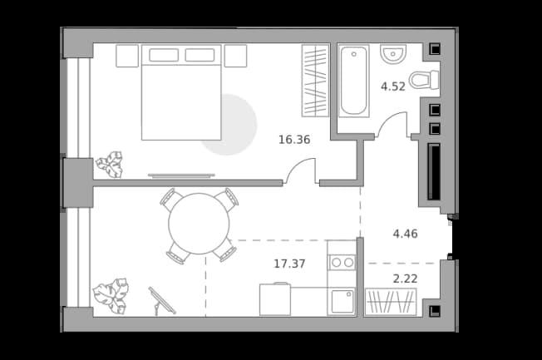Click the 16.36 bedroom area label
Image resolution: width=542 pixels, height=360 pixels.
[x=294, y=140]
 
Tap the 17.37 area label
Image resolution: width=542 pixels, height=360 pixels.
[x=289, y=264]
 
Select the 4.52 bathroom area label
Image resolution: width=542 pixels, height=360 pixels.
[x=393, y=86]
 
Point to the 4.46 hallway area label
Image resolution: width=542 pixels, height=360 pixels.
[x=405, y=234]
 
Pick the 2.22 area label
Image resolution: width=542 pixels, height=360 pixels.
[x=405, y=279]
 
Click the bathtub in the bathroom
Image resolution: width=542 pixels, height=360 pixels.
[x=353, y=81]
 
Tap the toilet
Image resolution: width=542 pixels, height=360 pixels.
[x=424, y=80]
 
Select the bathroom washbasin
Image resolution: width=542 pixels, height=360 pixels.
[x=393, y=53]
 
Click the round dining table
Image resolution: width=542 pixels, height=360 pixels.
[x=199, y=224]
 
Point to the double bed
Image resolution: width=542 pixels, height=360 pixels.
[x=181, y=92]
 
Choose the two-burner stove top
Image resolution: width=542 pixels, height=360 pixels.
[x=342, y=263]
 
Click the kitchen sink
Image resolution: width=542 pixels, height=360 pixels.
[x=342, y=302]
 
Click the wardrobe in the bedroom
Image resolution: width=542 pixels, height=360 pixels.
[x=315, y=81]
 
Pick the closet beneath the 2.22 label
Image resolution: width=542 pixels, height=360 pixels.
[x=391, y=302]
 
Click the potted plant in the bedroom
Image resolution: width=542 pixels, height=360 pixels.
[x=110, y=165]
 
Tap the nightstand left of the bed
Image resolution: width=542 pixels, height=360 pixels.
[x=127, y=56]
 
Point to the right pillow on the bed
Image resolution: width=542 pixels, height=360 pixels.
[x=200, y=55]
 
